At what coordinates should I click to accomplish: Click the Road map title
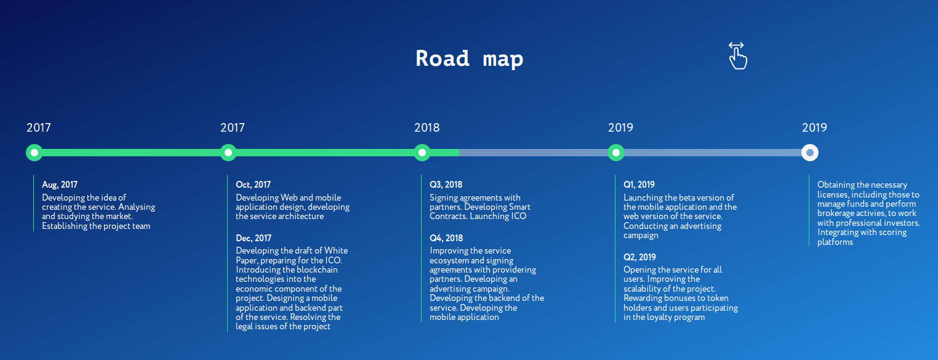point(470,58)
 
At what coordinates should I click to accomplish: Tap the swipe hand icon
point(737,55)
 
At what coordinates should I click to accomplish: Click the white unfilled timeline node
point(810,153)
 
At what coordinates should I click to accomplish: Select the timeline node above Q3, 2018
point(422,153)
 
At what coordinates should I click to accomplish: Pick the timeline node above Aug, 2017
point(34,153)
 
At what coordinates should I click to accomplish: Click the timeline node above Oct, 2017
point(228,153)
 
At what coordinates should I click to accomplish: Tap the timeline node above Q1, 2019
point(616,153)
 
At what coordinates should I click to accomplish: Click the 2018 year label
point(427,127)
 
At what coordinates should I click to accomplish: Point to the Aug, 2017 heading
point(60,185)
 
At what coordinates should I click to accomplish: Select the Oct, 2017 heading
point(254,185)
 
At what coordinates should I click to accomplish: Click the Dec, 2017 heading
point(254,238)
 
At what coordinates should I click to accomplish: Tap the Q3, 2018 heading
point(446,185)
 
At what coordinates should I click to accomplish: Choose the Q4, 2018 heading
point(446,238)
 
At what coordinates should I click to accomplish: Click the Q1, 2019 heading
point(639,185)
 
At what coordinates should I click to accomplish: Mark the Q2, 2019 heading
point(640,257)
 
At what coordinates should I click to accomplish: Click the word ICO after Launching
point(519,217)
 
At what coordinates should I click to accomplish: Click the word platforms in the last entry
point(835,242)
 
